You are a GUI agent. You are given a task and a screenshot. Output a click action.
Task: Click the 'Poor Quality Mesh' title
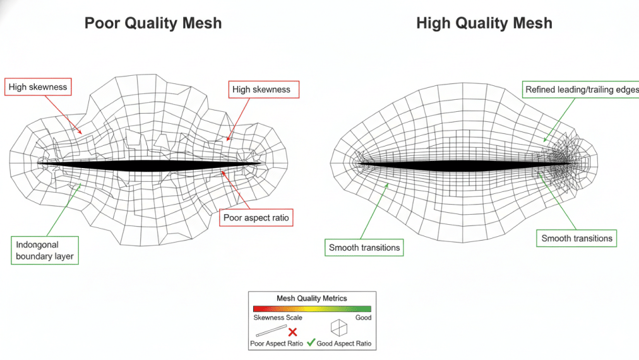point(153,23)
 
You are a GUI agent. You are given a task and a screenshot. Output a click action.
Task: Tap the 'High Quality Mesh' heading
point(484,23)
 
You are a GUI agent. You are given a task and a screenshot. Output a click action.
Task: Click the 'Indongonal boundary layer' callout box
point(45,249)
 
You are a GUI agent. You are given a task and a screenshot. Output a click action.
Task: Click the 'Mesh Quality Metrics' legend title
point(312,298)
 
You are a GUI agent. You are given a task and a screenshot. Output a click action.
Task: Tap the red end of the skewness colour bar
point(256,309)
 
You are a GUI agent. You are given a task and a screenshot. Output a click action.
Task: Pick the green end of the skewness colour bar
point(367,309)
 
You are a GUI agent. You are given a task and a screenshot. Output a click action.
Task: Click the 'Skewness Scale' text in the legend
point(278,318)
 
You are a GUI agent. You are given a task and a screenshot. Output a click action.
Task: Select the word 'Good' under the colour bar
point(363,318)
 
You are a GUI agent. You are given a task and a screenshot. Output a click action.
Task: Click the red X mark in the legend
point(292,332)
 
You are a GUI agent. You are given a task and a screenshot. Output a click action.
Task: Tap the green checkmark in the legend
point(310,343)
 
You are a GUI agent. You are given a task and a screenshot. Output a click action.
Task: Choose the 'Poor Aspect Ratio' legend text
point(277,344)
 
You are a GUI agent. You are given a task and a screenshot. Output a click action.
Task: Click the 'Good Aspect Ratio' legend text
point(343,344)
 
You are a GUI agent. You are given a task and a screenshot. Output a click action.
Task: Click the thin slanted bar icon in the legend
point(271,330)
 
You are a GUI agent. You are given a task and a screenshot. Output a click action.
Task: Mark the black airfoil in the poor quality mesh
point(149,164)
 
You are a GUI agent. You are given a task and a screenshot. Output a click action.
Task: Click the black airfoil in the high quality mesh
point(467,165)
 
